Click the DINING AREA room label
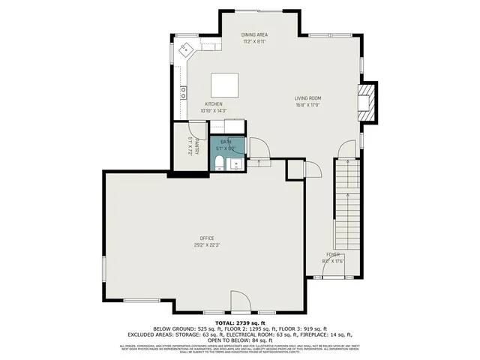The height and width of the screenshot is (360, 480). pos(255,34)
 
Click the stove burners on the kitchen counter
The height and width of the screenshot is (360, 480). pos(183,93)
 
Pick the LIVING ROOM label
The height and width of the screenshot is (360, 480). pos(307,98)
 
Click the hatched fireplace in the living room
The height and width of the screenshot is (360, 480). pos(367,99)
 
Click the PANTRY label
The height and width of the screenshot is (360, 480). pos(196,145)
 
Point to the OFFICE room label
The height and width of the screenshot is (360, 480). pos(207,238)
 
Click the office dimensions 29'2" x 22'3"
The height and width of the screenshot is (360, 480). pos(207,244)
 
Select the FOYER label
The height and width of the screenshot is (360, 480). pos(332,255)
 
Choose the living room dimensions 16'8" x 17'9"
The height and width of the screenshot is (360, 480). pos(307,105)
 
